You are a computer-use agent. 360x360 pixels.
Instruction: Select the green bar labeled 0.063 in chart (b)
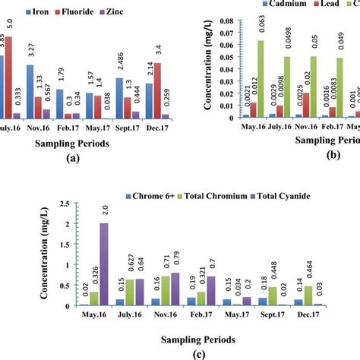click(x=261, y=79)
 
